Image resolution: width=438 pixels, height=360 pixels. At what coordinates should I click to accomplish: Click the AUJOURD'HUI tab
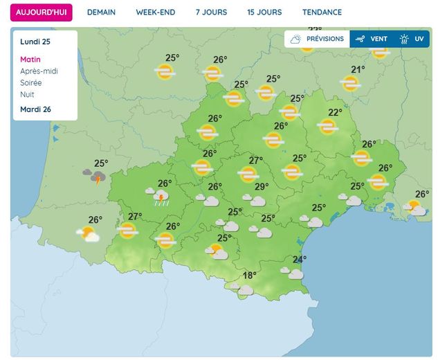pos(42,12)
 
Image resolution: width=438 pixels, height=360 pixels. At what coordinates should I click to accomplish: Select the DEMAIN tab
pos(101,12)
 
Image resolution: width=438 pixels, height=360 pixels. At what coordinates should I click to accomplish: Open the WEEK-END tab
pos(155,12)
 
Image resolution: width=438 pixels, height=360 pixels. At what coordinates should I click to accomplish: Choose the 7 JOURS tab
pos(210,12)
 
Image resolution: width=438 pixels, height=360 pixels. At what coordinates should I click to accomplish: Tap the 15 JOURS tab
pos(264,12)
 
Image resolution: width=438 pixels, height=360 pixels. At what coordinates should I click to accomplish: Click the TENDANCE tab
pos(322,12)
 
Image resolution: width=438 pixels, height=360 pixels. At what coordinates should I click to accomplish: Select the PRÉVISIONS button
pos(317,39)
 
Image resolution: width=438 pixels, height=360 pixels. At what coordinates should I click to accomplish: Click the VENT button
pos(372,39)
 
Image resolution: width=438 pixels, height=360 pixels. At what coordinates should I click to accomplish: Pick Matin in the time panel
pos(31,60)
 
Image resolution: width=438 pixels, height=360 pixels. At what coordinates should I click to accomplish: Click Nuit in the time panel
pos(28,95)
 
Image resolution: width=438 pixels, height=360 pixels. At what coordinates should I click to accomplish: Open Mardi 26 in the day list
pos(36,109)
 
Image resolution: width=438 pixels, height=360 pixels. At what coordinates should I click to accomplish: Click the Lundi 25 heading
pos(35,42)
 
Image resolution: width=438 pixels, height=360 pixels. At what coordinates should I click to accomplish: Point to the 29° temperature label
pos(262,187)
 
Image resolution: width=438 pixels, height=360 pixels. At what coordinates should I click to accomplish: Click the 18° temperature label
pos(249,276)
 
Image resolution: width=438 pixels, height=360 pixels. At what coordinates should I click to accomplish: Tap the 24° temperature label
pos(300,260)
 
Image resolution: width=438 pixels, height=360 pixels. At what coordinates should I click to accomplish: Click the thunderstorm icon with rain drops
pos(160,199)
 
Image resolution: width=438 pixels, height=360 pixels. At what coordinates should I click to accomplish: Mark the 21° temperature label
pos(358,69)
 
